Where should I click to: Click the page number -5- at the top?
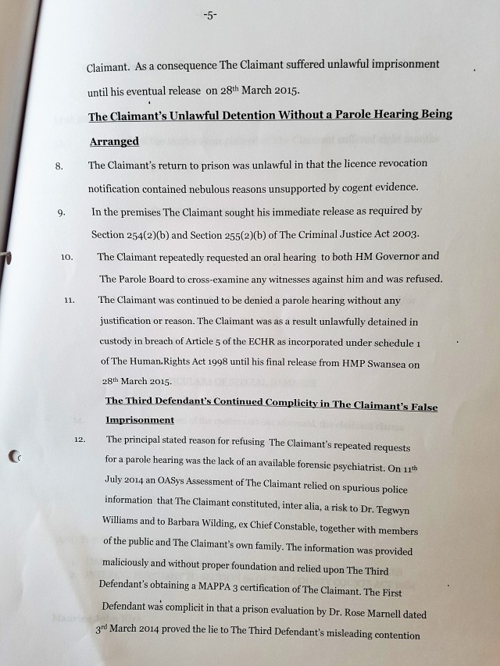point(210,16)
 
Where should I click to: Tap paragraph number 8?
point(58,166)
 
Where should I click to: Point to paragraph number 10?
point(66,256)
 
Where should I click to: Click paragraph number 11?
point(70,300)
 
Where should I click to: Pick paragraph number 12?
point(80,440)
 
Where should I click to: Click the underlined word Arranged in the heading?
point(113,142)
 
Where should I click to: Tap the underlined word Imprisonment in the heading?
point(140,420)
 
